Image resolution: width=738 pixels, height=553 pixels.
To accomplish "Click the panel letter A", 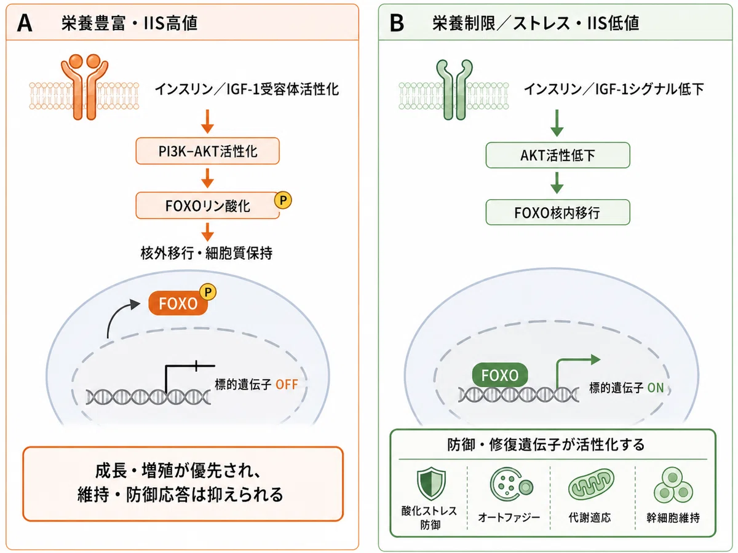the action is click(25, 23).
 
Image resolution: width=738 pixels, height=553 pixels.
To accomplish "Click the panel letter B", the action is click(397, 23).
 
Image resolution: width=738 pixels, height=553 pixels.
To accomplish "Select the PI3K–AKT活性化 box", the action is click(207, 151).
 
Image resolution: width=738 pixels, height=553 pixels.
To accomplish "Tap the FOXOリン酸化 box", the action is click(207, 205).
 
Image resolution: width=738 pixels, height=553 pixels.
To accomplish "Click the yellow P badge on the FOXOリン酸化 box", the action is click(283, 200).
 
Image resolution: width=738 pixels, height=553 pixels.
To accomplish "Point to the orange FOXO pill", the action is click(178, 303).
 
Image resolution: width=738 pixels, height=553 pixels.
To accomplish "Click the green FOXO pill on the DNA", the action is click(500, 375).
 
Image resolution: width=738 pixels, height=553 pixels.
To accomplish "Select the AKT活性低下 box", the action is click(558, 155).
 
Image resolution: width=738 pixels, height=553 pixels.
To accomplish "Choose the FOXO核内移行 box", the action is click(558, 212).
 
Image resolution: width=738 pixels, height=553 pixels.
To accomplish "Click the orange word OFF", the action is click(287, 385).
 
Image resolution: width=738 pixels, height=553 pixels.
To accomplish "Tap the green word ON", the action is click(656, 388).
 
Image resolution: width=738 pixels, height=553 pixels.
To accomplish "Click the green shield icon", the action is click(431, 484).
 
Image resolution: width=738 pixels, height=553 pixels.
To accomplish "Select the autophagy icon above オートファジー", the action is click(510, 484).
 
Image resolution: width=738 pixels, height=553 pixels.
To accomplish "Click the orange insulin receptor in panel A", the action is click(84, 87).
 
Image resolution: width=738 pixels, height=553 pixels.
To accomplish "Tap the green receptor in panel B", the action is click(454, 89).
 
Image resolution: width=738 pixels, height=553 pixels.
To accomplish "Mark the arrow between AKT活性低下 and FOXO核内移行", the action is click(557, 183).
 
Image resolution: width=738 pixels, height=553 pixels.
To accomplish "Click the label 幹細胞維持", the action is click(673, 518).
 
